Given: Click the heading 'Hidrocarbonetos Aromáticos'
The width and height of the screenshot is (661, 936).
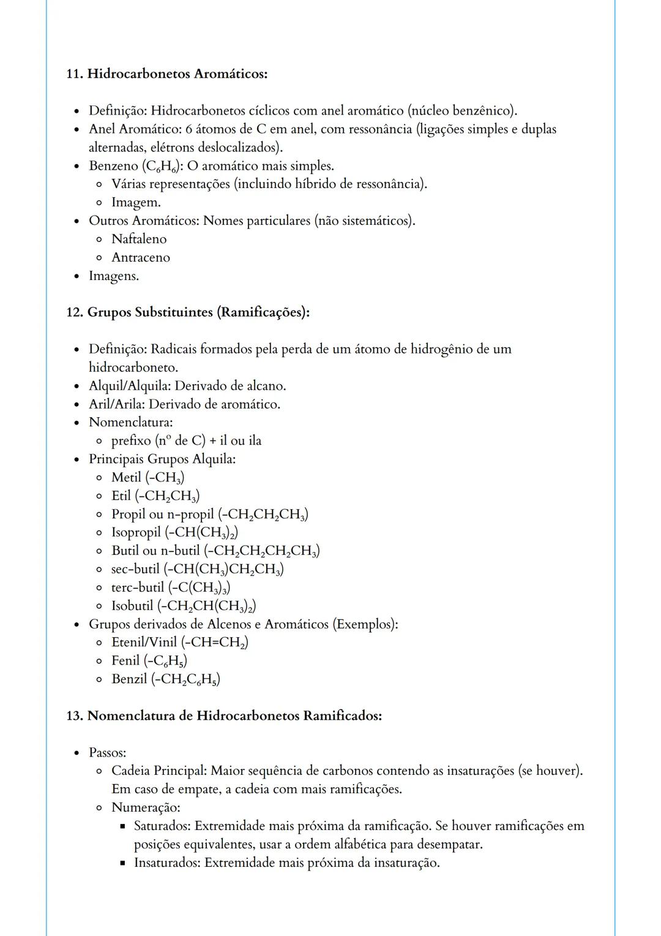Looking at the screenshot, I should pos(177,74).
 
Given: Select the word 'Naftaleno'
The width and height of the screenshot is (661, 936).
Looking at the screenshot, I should pos(139,239).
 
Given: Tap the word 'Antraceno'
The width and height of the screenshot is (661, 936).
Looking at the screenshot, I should pos(141,257).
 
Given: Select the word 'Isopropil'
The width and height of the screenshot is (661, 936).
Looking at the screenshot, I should pos(136,532).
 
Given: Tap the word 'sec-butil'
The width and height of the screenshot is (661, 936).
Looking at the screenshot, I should pos(135,569).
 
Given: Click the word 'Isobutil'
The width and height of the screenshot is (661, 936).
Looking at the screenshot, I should pos(132,606).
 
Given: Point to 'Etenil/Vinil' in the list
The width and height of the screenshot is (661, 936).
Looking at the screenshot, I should pos(144,642).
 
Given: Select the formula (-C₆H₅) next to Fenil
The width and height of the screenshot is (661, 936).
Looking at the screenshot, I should pos(165,661).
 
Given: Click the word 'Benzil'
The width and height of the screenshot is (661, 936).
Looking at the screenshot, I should pos(129,679).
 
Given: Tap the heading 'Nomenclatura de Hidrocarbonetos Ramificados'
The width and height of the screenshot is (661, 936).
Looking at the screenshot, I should pos(234,715).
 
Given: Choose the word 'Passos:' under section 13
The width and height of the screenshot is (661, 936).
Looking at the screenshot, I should pos(108,752).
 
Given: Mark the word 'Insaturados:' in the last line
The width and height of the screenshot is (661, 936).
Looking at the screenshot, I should pos(167,862).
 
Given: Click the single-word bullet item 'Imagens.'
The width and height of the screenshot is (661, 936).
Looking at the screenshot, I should pos(114,276).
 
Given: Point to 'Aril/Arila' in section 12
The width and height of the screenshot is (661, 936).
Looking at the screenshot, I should pos(117,404).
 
